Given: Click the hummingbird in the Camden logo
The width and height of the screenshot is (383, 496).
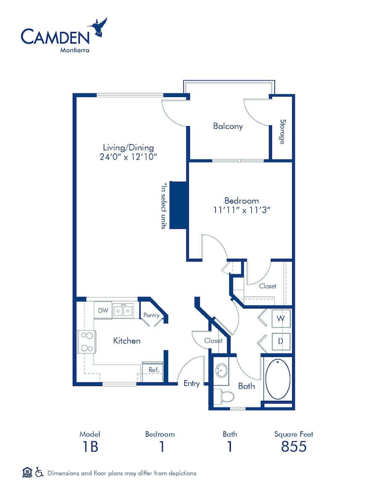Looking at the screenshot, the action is click(100, 28).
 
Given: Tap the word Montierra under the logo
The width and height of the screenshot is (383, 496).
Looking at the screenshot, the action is click(74, 50).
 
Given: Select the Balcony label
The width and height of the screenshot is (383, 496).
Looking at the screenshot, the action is click(228, 126).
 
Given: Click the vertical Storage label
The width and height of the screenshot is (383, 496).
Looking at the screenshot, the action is click(282, 132).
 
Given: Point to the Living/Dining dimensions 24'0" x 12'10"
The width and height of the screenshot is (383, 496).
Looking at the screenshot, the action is click(129, 157).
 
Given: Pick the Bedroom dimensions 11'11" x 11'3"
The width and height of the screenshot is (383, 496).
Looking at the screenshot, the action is click(242, 210).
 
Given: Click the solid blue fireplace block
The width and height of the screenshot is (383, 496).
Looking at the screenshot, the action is click(179, 205).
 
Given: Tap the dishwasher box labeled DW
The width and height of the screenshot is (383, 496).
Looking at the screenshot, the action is click(103, 311).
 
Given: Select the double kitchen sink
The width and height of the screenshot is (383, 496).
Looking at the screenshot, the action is click(123, 311).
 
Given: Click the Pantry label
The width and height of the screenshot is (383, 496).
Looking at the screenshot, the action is click(151, 315).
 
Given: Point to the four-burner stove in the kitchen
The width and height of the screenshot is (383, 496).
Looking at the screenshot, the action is click(87, 342).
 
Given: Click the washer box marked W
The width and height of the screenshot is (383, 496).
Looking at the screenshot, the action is click(281, 319).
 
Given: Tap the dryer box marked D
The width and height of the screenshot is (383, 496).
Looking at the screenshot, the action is click(281, 342).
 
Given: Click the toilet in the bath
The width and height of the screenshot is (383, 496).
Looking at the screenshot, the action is click(224, 396).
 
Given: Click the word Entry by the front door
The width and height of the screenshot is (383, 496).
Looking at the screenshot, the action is click(191, 384).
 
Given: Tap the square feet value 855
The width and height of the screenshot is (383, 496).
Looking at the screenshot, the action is click(294, 446).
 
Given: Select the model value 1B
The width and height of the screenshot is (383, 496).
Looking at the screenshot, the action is click(90, 446).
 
